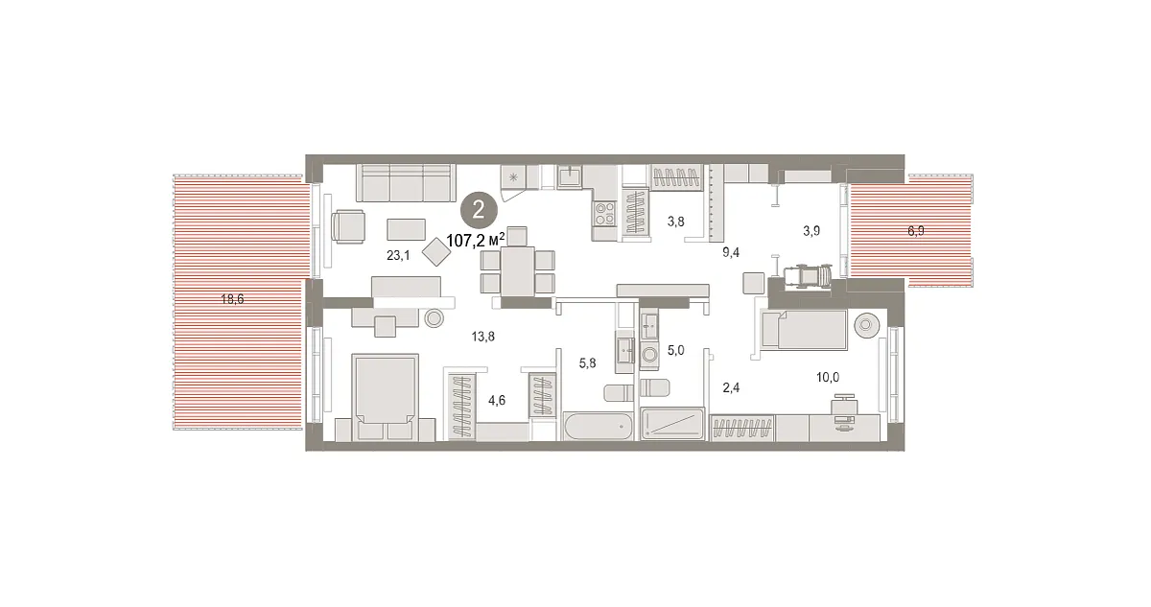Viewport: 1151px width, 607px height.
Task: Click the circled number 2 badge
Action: coord(479,210)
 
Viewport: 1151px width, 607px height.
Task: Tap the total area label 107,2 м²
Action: coord(476,240)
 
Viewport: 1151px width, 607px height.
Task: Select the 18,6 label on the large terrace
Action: coord(232,299)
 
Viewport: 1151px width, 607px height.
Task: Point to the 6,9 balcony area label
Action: coord(916,231)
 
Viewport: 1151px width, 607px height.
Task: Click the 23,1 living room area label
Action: coord(398,255)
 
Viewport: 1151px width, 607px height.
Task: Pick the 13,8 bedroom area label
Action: coord(483,337)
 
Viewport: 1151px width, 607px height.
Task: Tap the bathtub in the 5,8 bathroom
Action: coord(599,426)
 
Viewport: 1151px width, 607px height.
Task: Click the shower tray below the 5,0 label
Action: coord(672,424)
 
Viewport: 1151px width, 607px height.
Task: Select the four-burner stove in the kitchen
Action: coord(605,214)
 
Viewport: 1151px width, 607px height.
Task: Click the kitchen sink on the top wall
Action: coord(570,176)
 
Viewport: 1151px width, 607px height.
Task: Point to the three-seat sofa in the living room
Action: coord(406,183)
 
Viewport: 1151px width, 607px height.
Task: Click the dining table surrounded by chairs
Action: coord(517,271)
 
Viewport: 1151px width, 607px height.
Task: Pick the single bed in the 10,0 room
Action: coord(804,330)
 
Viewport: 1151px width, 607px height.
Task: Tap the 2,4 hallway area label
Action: coord(731,387)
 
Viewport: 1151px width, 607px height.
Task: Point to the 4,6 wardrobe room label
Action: coord(497,401)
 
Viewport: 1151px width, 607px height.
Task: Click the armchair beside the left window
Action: coord(348,226)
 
